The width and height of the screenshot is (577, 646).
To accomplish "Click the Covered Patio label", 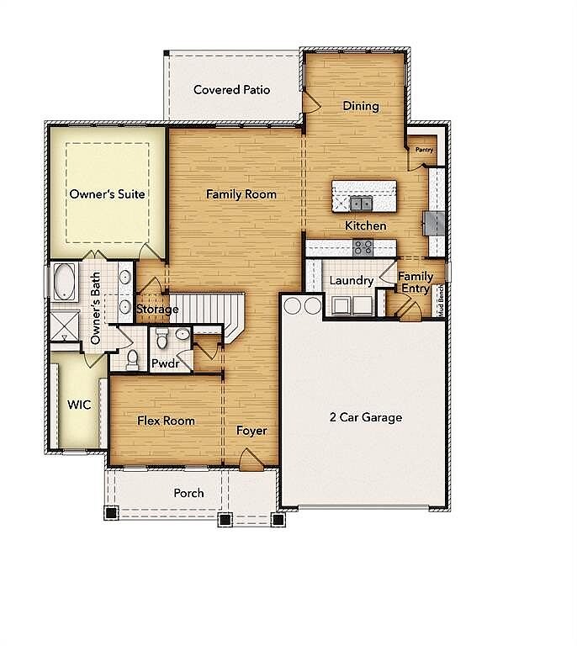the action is coord(231,90).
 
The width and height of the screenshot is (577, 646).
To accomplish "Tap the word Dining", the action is coord(361,106).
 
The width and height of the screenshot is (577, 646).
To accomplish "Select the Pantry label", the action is coord(424,150).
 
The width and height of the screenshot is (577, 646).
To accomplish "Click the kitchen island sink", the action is coord(361,203).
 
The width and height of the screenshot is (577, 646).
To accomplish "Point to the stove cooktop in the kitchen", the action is coord(363,247).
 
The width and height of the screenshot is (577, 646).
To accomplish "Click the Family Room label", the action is coord(241,194).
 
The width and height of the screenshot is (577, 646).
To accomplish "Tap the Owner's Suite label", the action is coord(107,194).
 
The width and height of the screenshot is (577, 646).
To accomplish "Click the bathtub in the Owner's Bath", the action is coord(64,282).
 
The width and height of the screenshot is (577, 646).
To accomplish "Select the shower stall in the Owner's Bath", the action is coord(65,326).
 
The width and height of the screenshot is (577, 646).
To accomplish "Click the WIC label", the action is coord(79,405).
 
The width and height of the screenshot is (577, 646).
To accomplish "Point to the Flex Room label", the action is coord(166,421).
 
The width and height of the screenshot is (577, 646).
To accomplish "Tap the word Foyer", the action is coord(251,431).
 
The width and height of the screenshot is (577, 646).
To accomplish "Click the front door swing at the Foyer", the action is coord(251,459).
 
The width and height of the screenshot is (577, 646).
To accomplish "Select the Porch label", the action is coord(188,493).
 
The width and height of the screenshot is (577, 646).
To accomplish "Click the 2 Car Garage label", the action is coord(366,417).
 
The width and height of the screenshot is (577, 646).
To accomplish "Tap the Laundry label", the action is coord(352,281).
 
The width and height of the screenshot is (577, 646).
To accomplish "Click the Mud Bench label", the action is coord(441,300).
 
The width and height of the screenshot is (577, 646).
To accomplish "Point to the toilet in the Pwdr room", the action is coord(162,338).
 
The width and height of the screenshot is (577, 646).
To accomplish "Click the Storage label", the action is coord(157,309).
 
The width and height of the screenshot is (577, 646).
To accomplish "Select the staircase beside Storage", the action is coord(207,313).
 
